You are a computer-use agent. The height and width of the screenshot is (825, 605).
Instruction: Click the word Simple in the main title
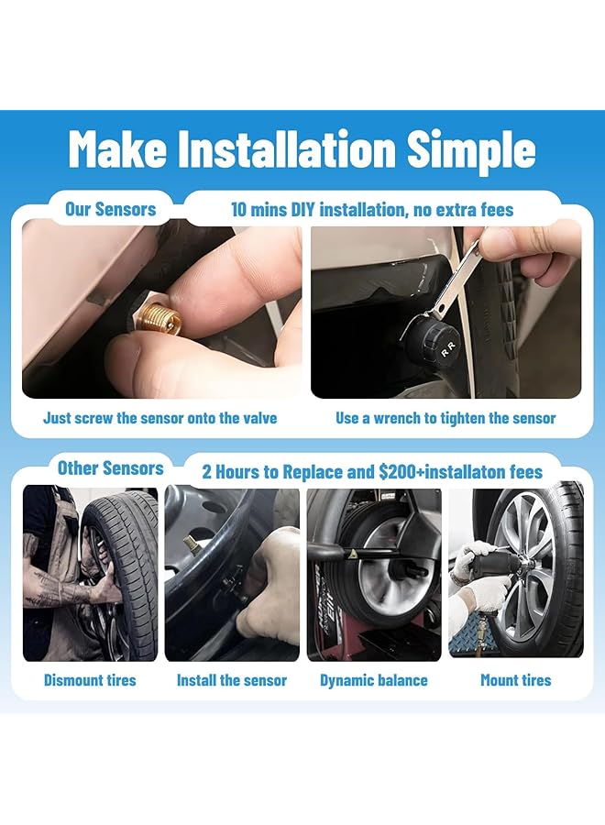coord(471,150)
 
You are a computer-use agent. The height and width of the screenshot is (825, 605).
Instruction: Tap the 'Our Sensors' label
coord(111,209)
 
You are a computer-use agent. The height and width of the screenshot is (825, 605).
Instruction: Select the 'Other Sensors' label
coord(111,467)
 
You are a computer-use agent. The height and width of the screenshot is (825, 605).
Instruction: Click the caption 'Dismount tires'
coord(90,680)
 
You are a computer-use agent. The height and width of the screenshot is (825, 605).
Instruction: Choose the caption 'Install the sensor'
coord(232,680)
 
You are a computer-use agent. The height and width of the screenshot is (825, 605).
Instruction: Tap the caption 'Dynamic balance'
coord(374,680)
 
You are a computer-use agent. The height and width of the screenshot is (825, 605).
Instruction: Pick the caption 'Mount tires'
coord(516,680)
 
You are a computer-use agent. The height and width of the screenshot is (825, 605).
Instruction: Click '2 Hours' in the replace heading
coord(233,472)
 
